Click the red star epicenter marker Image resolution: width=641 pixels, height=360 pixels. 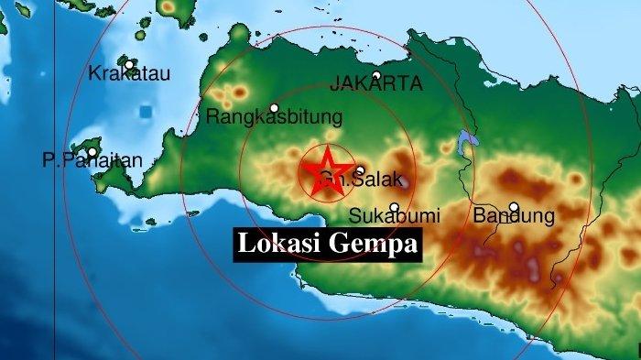tap(327, 169)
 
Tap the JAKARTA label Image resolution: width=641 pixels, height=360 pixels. tap(377, 84)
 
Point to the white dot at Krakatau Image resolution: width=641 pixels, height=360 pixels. tap(130, 64)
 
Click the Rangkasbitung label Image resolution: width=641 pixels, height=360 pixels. tap(274, 117)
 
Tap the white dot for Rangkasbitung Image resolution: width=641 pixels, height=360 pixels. tap(273, 107)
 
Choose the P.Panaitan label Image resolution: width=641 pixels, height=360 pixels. tap(92, 161)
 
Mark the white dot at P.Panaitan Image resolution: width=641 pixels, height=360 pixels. tap(92, 152)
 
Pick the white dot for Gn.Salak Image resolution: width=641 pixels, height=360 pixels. tap(360, 170)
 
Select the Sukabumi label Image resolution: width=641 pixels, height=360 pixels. tap(395, 217)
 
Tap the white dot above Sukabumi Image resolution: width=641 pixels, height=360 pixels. tap(395, 207)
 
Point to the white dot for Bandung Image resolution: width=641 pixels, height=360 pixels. tap(514, 207)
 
